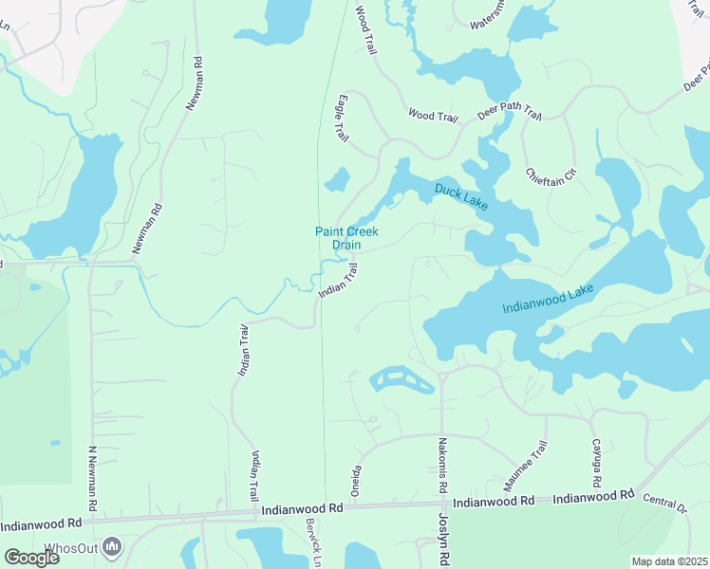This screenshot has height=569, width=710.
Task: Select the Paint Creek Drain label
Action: pos(338,238)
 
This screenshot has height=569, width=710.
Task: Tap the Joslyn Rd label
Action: pos(443,537)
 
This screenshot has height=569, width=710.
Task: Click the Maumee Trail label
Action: pos(526,465)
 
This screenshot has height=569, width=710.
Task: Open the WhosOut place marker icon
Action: pos(113,546)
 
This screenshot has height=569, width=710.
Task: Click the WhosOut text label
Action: pos(72,547)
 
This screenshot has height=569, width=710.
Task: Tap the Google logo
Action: pos(31,558)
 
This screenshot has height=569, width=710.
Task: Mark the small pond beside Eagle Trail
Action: pos(337,178)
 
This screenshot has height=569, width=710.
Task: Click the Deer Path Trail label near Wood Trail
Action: pos(510,115)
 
